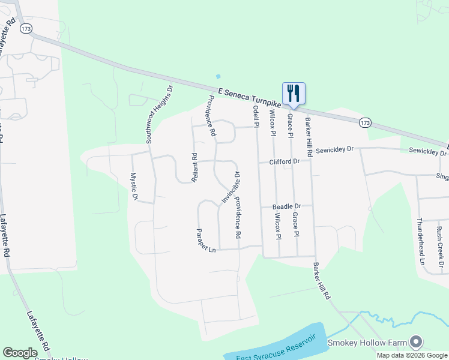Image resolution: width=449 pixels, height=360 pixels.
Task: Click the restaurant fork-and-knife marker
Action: pyautogui.click(x=294, y=94)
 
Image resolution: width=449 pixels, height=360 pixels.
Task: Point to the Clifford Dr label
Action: pyautogui.click(x=284, y=162)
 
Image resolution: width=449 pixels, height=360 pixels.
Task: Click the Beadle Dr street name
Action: pyautogui.click(x=286, y=206)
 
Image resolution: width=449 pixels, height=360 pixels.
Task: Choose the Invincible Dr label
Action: pyautogui.click(x=230, y=187)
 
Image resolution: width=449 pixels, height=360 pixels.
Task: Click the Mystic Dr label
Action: pyautogui.click(x=134, y=187)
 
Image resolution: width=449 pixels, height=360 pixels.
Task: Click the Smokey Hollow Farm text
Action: pyautogui.click(x=367, y=343)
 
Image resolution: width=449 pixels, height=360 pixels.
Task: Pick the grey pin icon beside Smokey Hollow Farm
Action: pyautogui.click(x=416, y=343)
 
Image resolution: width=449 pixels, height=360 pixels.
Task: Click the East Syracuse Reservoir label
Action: pyautogui.click(x=271, y=356)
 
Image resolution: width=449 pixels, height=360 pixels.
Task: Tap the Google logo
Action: pyautogui.click(x=20, y=353)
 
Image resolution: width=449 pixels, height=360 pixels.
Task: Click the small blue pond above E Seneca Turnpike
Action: pyautogui.click(x=218, y=77)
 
